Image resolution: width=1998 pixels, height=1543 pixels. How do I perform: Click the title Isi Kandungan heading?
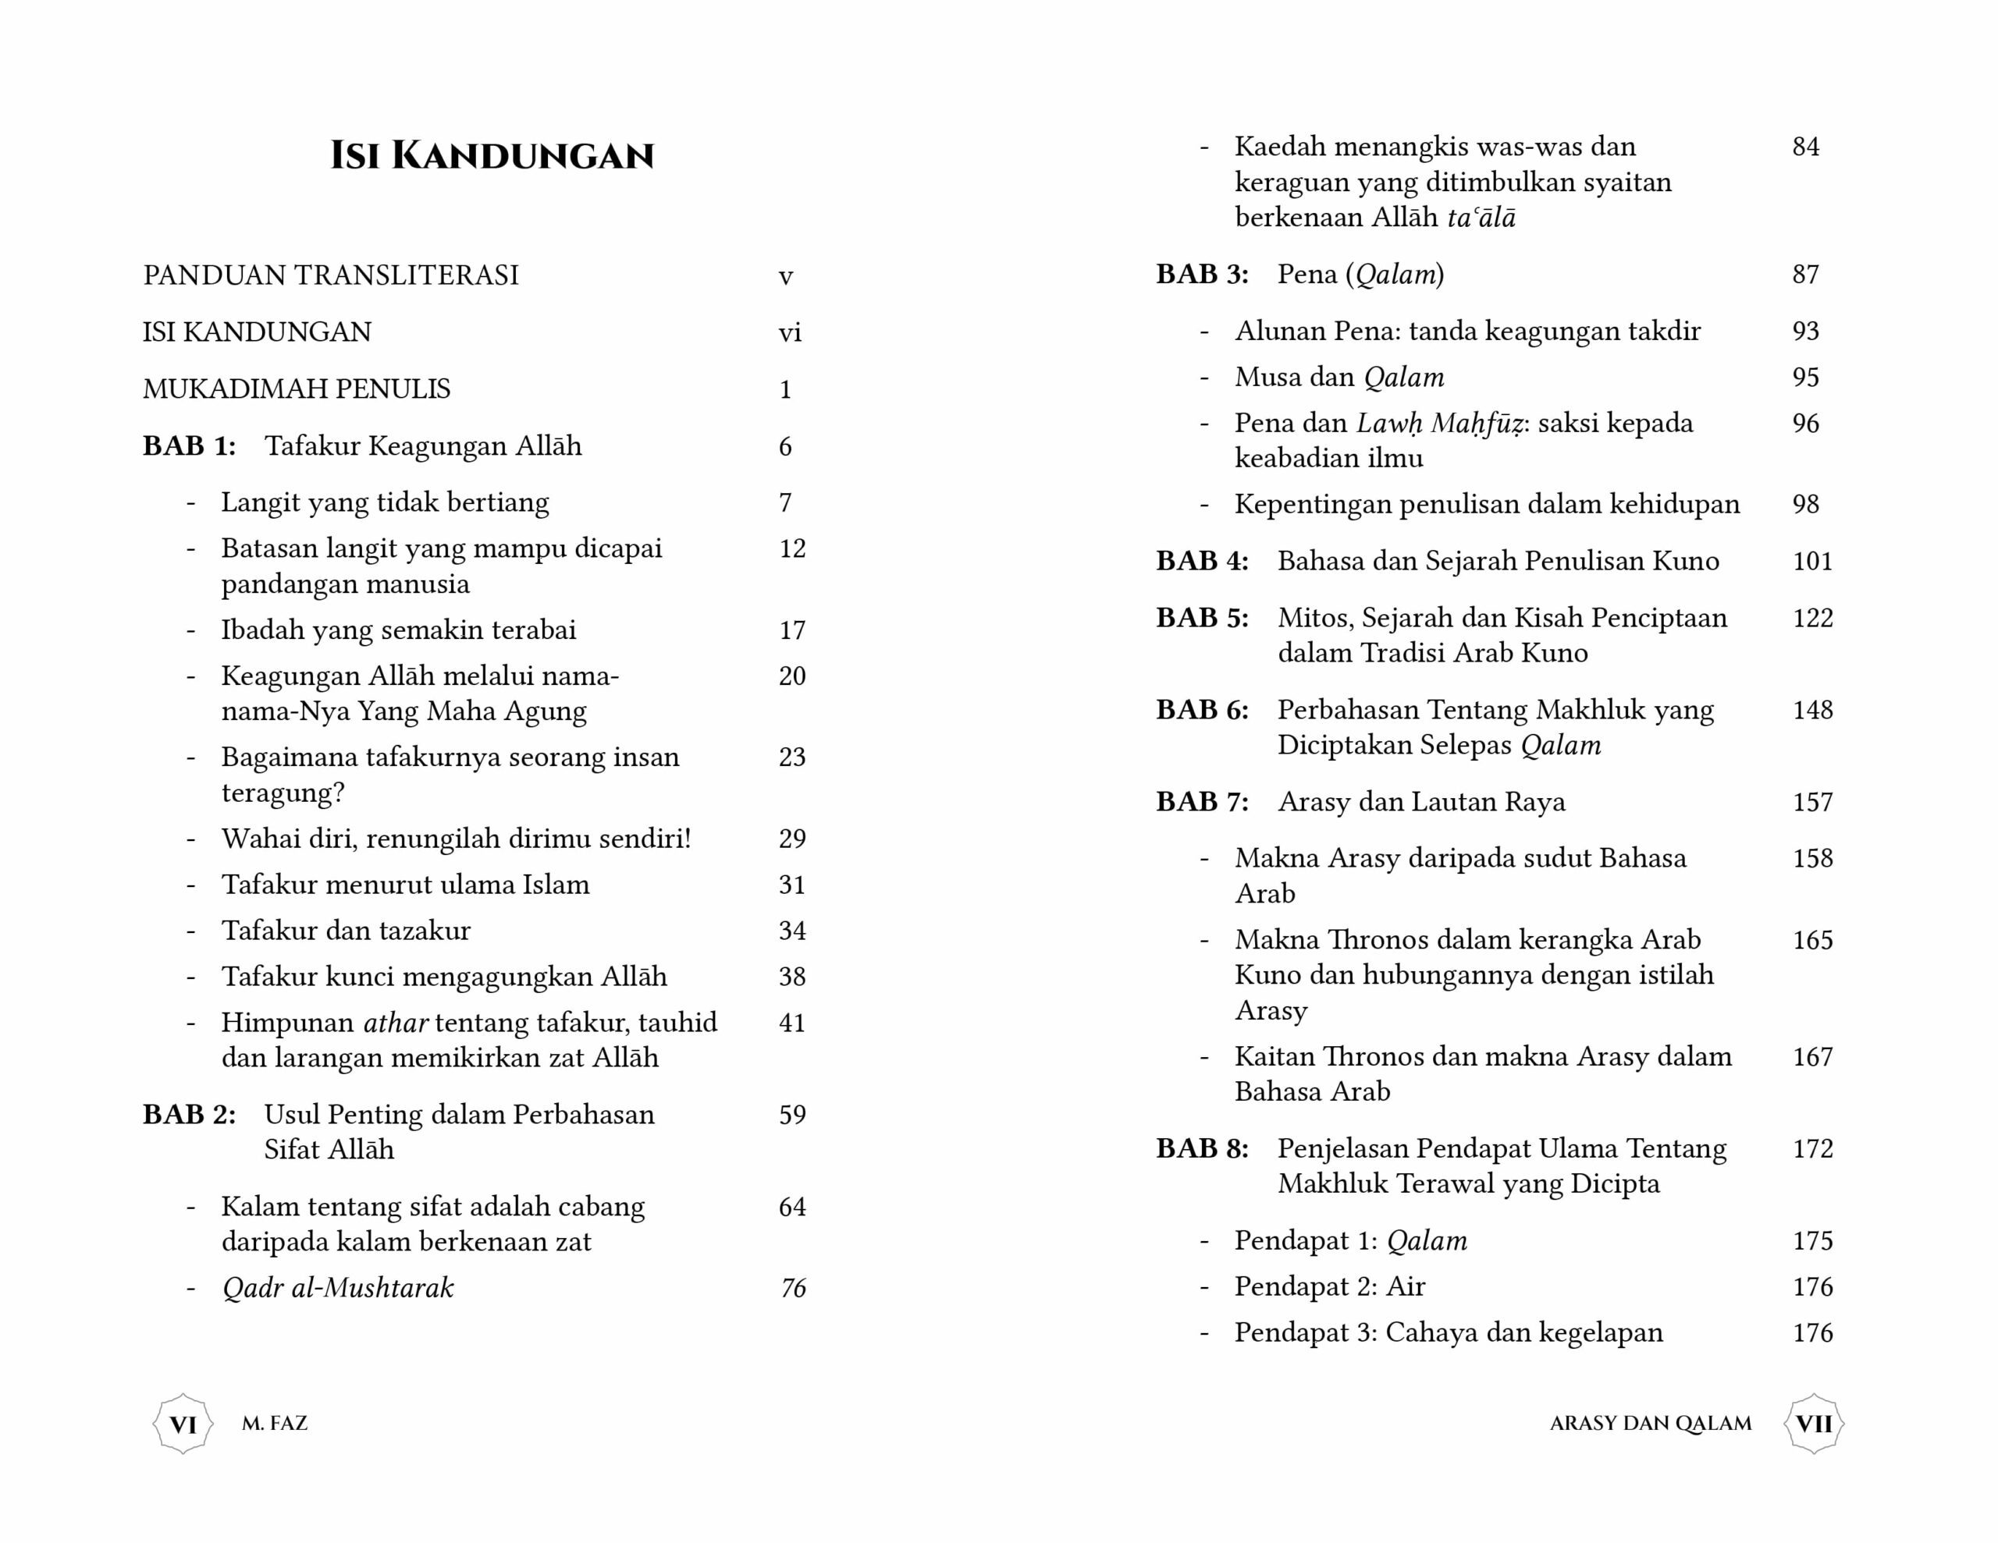tap(492, 155)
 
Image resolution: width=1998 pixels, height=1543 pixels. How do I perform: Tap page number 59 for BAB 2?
tap(791, 1114)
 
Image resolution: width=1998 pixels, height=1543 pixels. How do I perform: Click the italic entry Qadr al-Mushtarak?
tap(338, 1288)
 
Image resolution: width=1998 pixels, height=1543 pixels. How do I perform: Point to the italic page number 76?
tap(792, 1288)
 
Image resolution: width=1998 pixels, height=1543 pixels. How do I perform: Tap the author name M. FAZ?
tap(275, 1423)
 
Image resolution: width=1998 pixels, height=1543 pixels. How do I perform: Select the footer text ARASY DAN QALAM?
tap(1651, 1423)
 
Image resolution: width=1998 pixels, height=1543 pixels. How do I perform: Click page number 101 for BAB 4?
tap(1812, 561)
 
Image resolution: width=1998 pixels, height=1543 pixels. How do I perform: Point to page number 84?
tap(1805, 147)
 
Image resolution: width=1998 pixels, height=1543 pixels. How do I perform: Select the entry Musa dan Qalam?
tap(1339, 377)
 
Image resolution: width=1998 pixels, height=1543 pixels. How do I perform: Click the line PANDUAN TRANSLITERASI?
tap(330, 275)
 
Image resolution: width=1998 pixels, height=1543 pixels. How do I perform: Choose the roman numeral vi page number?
tap(790, 332)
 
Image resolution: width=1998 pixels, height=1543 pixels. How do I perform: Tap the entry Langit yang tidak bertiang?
tap(385, 502)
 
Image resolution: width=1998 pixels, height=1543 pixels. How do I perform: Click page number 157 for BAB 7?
tap(1812, 802)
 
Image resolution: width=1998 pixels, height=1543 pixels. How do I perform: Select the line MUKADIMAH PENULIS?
tap(297, 388)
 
